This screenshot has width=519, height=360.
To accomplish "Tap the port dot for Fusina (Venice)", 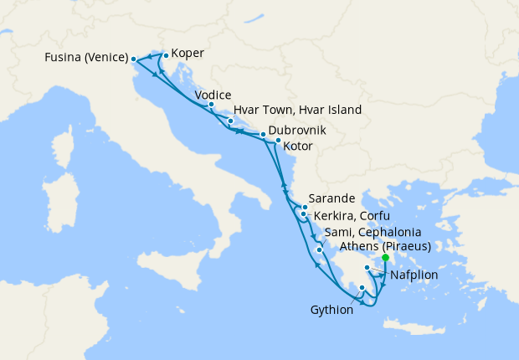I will click(x=133, y=59).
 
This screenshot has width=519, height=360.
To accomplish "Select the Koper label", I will click(x=188, y=54).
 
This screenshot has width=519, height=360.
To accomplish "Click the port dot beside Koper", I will click(x=166, y=56).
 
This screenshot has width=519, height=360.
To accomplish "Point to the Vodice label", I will click(x=213, y=95).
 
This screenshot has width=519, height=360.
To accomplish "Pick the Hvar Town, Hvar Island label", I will click(x=297, y=110).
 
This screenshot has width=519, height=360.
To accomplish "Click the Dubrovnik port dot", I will click(x=262, y=134).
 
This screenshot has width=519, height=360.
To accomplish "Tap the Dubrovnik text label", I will click(x=297, y=131).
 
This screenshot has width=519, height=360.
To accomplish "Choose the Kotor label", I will click(x=299, y=146).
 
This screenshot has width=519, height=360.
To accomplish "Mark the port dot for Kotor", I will click(x=278, y=141).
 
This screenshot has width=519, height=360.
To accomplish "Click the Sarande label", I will click(x=332, y=198).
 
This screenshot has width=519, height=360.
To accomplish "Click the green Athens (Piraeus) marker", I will click(x=385, y=258).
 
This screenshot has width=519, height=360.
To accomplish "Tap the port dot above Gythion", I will click(x=362, y=288).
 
